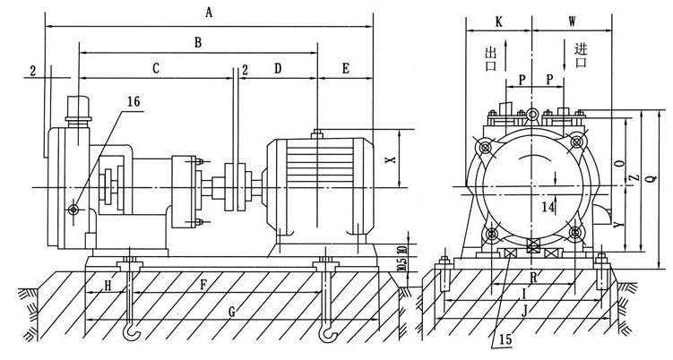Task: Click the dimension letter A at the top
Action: coord(210,12)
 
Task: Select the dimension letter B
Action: coord(197,41)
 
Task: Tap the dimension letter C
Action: coord(156,67)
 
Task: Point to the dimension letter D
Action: coord(278,67)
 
